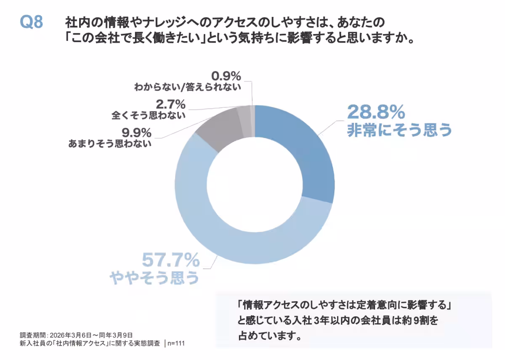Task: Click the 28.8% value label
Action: [376, 112]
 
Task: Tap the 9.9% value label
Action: [137, 133]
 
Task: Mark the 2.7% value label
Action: [170, 104]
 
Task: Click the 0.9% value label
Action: [226, 77]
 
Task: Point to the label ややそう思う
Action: [154, 278]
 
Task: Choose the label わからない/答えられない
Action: [188, 87]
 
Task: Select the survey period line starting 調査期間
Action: [76, 335]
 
